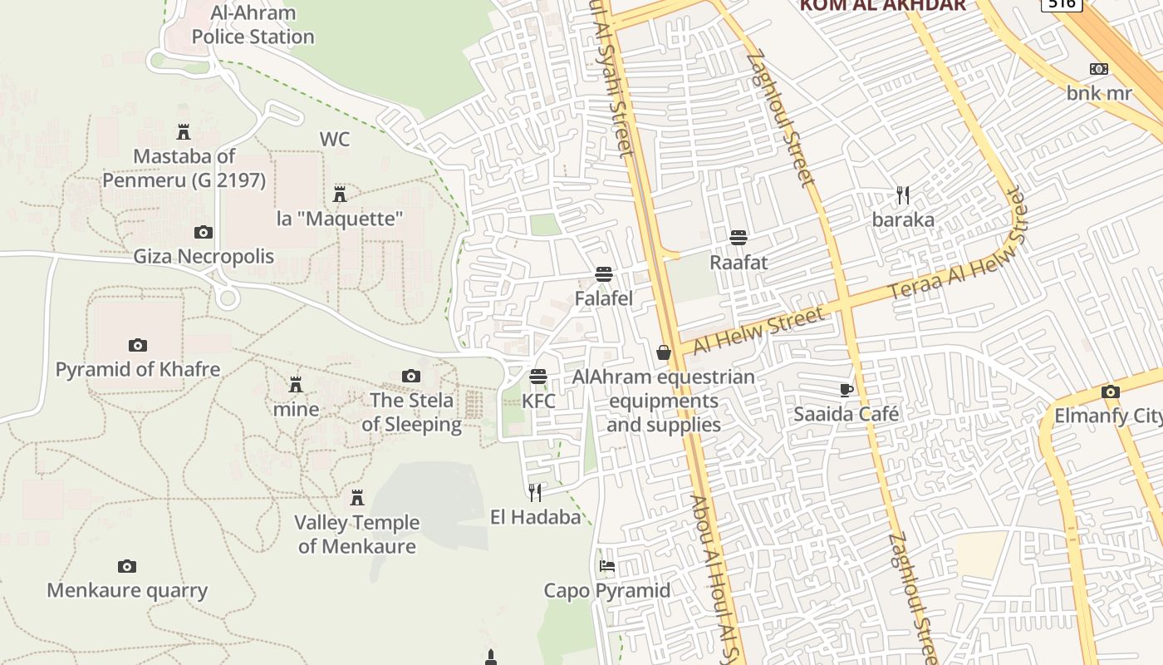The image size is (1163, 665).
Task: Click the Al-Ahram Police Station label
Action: pos(253,25)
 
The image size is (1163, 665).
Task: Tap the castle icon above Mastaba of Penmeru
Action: pos(184,131)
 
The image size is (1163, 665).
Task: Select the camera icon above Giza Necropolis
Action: pos(203,232)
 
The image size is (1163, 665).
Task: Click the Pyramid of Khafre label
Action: pos(138,369)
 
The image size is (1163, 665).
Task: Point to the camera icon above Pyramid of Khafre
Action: pos(138,345)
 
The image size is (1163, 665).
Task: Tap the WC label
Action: pos(335,139)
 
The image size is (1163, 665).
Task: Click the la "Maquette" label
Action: pos(340,219)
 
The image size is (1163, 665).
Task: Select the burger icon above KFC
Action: pos(538,377)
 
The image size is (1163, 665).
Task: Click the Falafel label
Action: pos(604,298)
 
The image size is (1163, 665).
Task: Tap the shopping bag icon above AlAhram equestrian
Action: pos(664,352)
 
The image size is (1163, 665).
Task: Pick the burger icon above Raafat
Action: pos(739,238)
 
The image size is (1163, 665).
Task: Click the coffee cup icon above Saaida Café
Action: pos(846,390)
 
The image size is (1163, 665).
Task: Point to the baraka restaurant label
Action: pos(903,219)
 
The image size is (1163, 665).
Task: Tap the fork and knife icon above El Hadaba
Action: pos(535,493)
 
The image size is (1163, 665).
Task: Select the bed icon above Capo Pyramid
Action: pos(607,566)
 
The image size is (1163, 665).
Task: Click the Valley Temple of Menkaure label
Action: pos(357,534)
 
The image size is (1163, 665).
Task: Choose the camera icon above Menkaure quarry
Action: pos(126,566)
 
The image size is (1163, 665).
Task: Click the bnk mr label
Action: pos(1099,92)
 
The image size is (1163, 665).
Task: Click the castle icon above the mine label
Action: pos(296,385)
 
